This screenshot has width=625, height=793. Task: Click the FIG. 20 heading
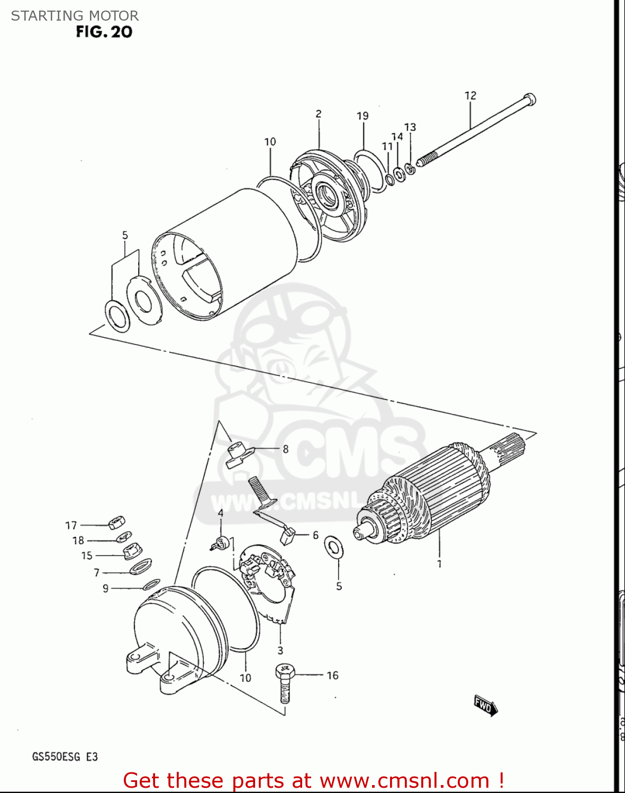click(104, 32)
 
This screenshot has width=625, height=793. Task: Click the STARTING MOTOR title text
click(75, 16)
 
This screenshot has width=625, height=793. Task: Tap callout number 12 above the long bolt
click(470, 96)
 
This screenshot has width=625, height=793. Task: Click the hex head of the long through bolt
click(529, 99)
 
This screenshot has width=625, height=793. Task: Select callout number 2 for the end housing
click(319, 114)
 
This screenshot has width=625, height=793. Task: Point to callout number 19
click(363, 116)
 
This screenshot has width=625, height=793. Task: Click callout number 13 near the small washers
click(410, 127)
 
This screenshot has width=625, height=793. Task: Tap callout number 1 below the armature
click(439, 564)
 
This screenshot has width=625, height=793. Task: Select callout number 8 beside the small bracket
click(286, 449)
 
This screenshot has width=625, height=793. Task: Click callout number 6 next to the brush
click(315, 535)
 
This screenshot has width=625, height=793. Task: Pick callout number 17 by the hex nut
click(71, 525)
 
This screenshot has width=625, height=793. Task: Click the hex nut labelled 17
click(116, 523)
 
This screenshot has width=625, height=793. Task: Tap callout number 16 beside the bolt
click(332, 675)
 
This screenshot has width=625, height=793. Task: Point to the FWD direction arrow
click(485, 705)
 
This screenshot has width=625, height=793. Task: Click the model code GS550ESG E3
click(65, 757)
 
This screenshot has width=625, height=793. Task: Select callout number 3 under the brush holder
click(280, 650)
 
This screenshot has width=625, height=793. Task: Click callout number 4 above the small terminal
click(221, 513)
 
